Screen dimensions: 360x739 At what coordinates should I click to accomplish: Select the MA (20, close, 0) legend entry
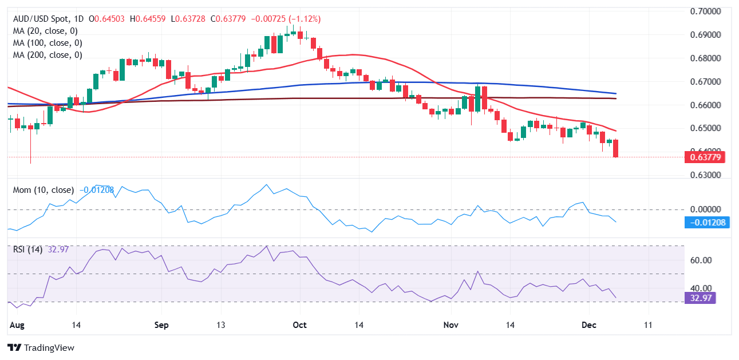pos(45,31)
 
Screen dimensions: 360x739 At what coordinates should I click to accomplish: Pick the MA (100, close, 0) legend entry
pos(48,43)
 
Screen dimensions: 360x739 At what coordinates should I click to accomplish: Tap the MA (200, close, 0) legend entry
pos(48,55)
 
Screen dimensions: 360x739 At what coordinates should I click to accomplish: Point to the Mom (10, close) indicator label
pos(44,190)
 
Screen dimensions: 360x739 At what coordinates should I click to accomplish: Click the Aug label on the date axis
pos(17,325)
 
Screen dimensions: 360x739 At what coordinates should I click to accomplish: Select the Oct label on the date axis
pos(299,325)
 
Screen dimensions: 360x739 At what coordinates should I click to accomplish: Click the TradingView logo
pos(41,347)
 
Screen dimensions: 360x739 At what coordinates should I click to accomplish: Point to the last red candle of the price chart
pos(615,148)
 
